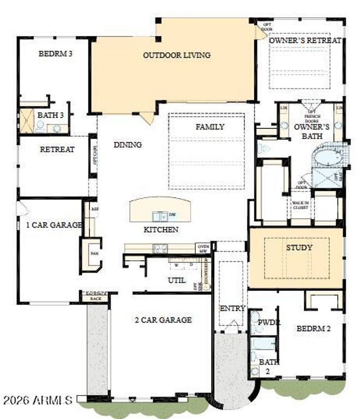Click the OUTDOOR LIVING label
coord(177,55)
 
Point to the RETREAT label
coord(57,149)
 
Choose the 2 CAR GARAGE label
coord(163,320)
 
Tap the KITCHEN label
coord(160,230)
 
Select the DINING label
coord(128,145)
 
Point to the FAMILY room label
coord(210,127)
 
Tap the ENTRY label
coord(232,308)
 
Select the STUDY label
coord(299,247)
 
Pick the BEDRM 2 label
coord(313,328)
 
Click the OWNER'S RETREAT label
coord(305,40)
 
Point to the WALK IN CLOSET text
coord(299,205)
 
